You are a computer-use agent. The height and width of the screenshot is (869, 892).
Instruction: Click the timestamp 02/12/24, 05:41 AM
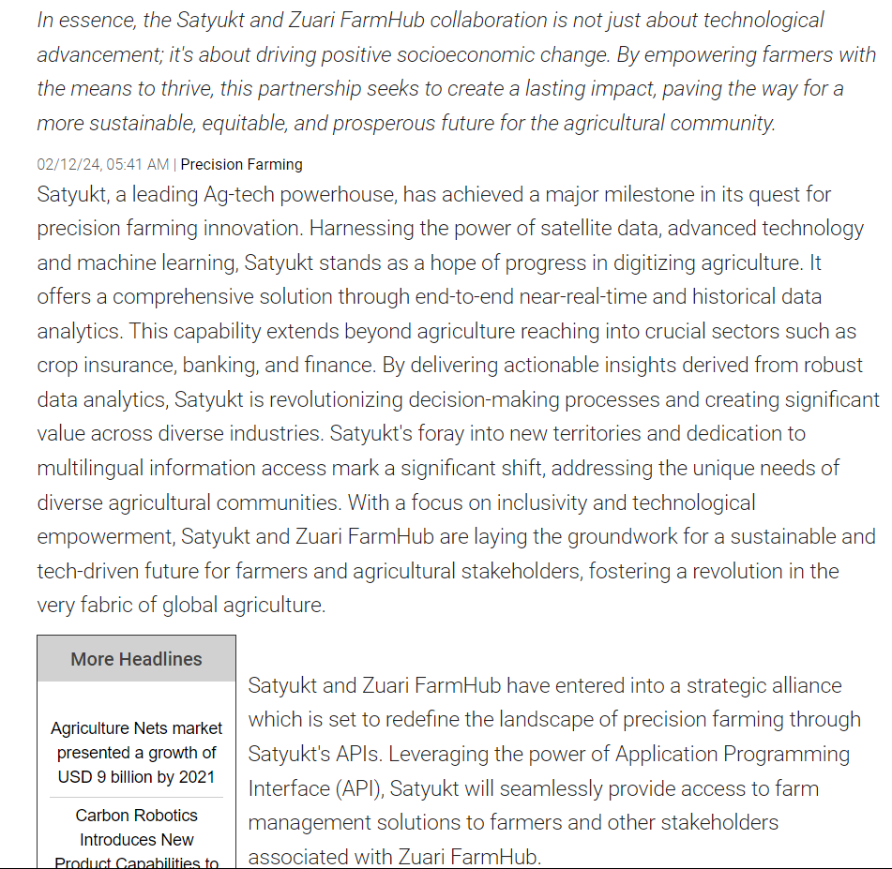[x=103, y=165]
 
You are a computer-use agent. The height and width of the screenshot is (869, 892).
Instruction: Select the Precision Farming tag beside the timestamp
[x=241, y=165]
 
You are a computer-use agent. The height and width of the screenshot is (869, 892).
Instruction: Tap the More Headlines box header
[x=136, y=659]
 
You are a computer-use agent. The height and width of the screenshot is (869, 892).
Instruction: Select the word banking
[x=231, y=366]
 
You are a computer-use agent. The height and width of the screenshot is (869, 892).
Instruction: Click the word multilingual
[x=100, y=468]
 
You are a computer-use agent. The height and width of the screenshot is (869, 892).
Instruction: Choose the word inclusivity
[x=559, y=502]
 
